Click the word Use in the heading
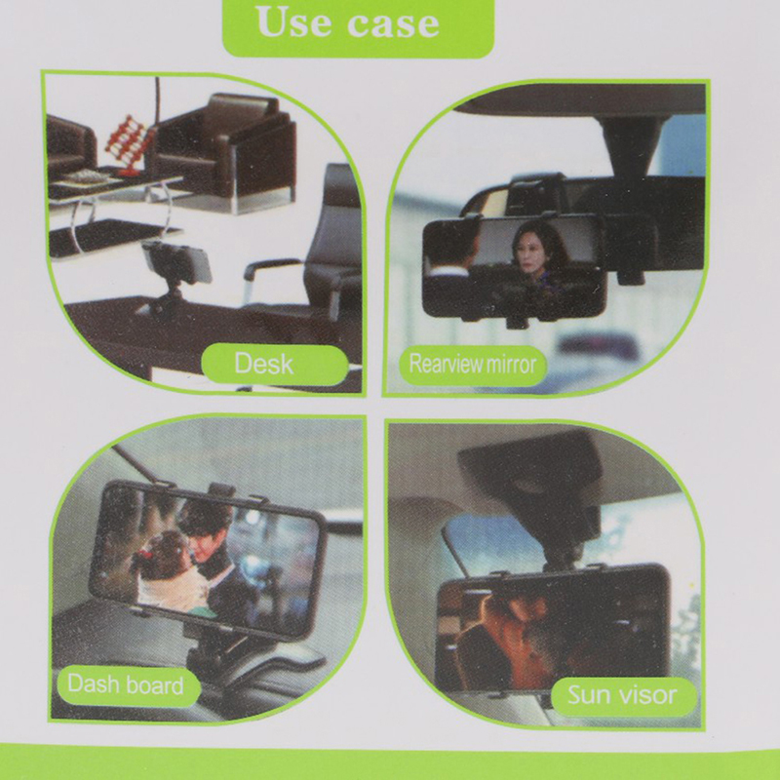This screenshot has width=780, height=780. [292, 22]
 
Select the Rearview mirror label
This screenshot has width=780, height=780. [473, 365]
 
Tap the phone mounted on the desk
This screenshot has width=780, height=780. [176, 261]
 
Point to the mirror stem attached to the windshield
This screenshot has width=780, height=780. [632, 144]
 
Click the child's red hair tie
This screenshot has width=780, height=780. [144, 554]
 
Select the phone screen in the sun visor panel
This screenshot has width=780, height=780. [550, 631]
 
